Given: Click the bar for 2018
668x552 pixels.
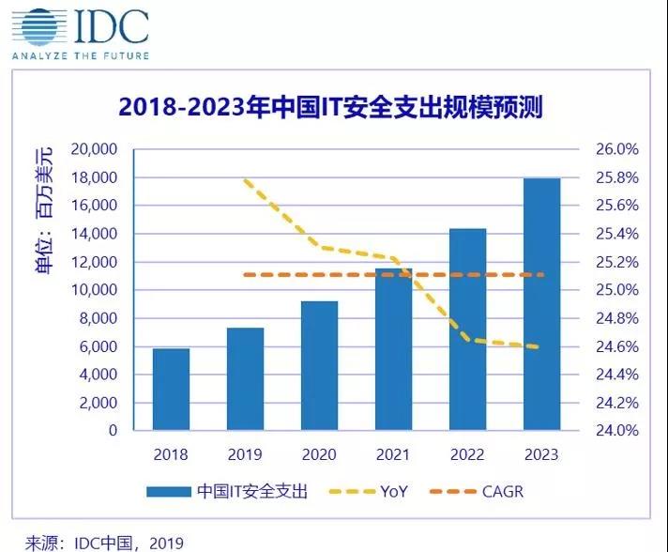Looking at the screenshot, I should pyautogui.click(x=171, y=390).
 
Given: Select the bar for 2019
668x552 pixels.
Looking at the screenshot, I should pyautogui.click(x=246, y=379).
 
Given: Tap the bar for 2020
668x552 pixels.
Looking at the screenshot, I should pyautogui.click(x=320, y=366).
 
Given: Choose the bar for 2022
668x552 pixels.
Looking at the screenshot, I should pyautogui.click(x=468, y=330).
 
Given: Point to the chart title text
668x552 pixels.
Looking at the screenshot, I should pyautogui.click(x=330, y=107).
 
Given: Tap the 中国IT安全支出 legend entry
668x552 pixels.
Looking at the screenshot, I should pyautogui.click(x=225, y=491).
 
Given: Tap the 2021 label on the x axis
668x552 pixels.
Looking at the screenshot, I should pyautogui.click(x=394, y=454).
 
